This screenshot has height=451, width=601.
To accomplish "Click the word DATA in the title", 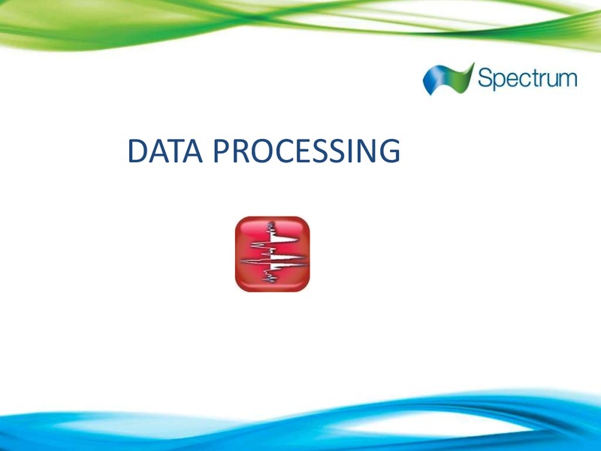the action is (165, 151).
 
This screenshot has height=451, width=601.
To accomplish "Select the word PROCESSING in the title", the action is (307, 151).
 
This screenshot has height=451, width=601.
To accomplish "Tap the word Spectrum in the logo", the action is (527, 79).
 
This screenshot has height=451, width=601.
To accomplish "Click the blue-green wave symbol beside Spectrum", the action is (448, 79).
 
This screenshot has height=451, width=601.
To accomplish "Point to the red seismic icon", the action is (273, 254).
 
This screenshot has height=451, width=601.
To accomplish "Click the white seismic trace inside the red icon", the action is (273, 253).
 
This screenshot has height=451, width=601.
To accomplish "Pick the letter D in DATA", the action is (138, 151).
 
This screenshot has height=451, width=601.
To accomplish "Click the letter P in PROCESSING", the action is (222, 151).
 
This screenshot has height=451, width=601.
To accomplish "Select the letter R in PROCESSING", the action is (241, 151).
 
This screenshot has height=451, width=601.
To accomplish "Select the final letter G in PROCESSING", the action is (390, 151).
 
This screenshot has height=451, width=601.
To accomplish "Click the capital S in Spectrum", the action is (485, 77).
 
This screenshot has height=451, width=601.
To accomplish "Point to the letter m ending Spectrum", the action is (566, 80).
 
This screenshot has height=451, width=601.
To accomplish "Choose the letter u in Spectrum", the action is (548, 80).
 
